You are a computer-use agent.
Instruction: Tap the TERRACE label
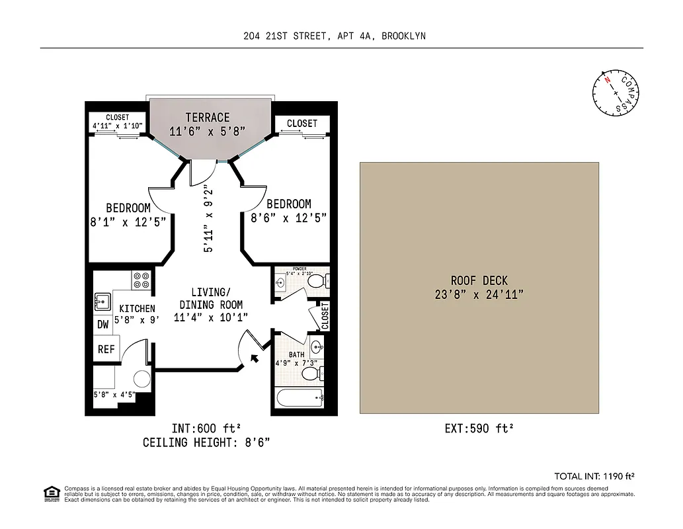tap(208, 117)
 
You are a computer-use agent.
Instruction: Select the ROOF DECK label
tap(479, 280)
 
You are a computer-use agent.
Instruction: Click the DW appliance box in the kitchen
tap(103, 325)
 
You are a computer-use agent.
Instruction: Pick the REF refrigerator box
tap(106, 349)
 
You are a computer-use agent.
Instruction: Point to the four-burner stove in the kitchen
tap(141, 280)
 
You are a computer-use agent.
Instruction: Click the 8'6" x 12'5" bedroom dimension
tap(288, 217)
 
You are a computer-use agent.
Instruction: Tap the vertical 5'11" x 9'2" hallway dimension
tap(208, 219)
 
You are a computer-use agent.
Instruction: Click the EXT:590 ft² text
tap(479, 428)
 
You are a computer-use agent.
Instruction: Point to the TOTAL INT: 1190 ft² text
tap(594, 476)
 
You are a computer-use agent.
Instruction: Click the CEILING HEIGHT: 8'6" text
tap(206, 442)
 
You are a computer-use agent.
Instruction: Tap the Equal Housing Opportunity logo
tap(51, 493)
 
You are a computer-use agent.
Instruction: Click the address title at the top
tap(335, 36)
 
